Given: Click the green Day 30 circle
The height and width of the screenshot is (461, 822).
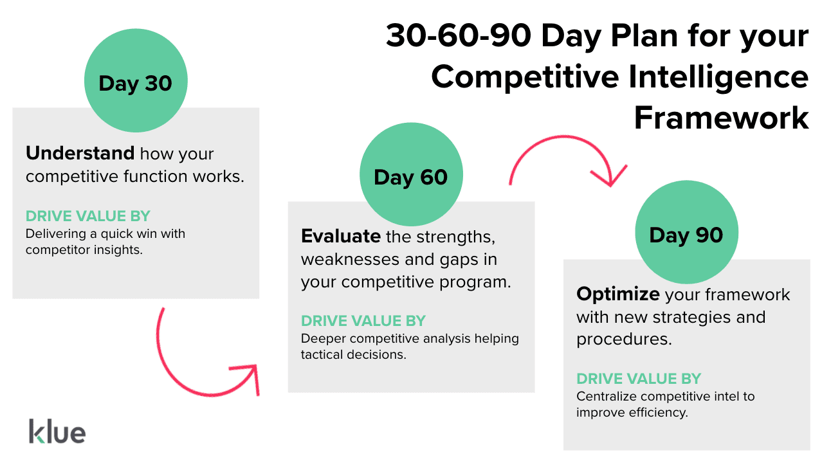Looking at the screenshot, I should pos(136,82).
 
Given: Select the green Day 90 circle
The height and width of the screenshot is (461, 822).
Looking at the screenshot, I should pos(686,233).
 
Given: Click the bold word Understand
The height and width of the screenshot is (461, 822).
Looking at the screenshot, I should pos(80,154).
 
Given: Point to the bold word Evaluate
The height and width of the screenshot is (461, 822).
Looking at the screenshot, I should pos(341,236).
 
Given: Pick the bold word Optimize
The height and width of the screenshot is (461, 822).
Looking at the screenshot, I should pos(617,294).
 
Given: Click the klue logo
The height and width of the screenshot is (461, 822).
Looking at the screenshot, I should pos(57,431).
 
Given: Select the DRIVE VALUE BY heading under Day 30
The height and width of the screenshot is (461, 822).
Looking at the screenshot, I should pos(88,217).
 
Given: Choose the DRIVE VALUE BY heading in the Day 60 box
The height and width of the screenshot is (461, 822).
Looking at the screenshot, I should pos(363,321).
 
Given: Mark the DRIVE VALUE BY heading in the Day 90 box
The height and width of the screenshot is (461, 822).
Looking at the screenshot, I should pos(639,379).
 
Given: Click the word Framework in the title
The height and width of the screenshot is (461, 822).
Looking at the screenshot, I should pos(721,118).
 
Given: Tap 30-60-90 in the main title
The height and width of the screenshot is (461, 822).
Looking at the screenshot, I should pos(459,36).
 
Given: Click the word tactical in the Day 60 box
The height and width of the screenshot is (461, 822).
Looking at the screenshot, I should pos(322,354).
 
